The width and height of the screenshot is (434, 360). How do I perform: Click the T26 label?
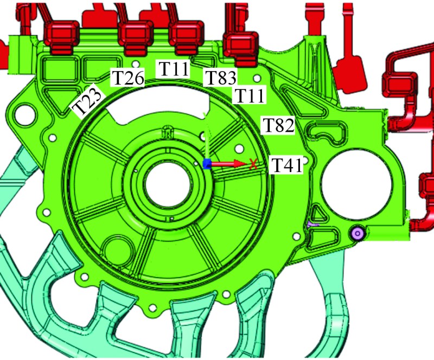[127, 78]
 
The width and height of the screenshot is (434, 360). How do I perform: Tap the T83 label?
[220, 77]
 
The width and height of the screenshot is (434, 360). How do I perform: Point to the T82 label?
[278, 125]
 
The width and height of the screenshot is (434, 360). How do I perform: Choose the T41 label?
[286, 165]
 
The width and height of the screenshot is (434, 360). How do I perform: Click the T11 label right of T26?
[174, 68]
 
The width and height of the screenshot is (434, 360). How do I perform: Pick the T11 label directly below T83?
[250, 95]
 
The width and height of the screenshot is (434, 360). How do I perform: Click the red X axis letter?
[253, 164]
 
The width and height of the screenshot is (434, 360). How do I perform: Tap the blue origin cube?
[207, 164]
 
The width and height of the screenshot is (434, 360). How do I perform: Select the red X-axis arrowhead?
[240, 164]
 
